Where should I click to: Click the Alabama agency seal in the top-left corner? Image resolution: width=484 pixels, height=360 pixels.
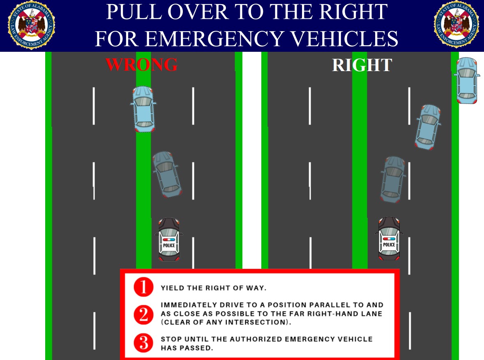click(31, 25)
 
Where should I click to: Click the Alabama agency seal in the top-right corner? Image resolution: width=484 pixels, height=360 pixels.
click(456, 25)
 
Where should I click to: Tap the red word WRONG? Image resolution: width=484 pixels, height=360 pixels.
click(141, 65)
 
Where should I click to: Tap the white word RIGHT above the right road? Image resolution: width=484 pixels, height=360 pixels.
click(362, 65)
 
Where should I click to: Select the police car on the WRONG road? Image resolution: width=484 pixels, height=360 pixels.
click(169, 240)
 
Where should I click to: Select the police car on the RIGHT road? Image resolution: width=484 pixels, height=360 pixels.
click(389, 238)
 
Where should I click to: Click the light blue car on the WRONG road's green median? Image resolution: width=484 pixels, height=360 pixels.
click(143, 109)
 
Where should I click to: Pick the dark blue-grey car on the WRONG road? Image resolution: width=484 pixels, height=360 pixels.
click(167, 174)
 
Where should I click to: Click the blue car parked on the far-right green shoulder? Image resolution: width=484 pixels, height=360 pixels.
click(467, 80)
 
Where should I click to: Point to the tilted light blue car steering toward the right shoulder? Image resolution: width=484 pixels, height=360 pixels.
click(428, 127)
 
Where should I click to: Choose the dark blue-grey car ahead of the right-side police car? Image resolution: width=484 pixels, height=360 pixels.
click(393, 179)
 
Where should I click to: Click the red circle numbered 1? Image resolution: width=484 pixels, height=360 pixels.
click(143, 287)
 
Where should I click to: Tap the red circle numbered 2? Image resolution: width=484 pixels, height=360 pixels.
click(143, 315)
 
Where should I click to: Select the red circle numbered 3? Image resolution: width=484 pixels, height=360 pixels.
click(143, 343)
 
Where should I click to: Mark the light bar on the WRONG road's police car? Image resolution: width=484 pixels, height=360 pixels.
click(169, 240)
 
